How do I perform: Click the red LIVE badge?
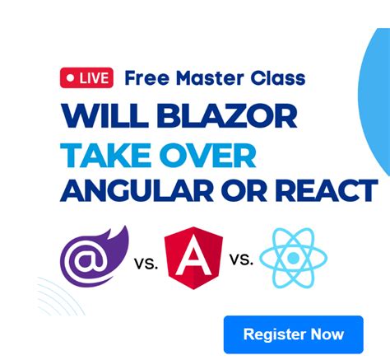tap(86, 78)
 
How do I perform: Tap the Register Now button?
tap(293, 334)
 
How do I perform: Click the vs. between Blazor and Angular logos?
tap(145, 264)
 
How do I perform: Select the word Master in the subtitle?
tap(205, 78)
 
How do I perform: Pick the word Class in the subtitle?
tap(277, 78)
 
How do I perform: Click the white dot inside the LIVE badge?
tap(71, 78)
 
